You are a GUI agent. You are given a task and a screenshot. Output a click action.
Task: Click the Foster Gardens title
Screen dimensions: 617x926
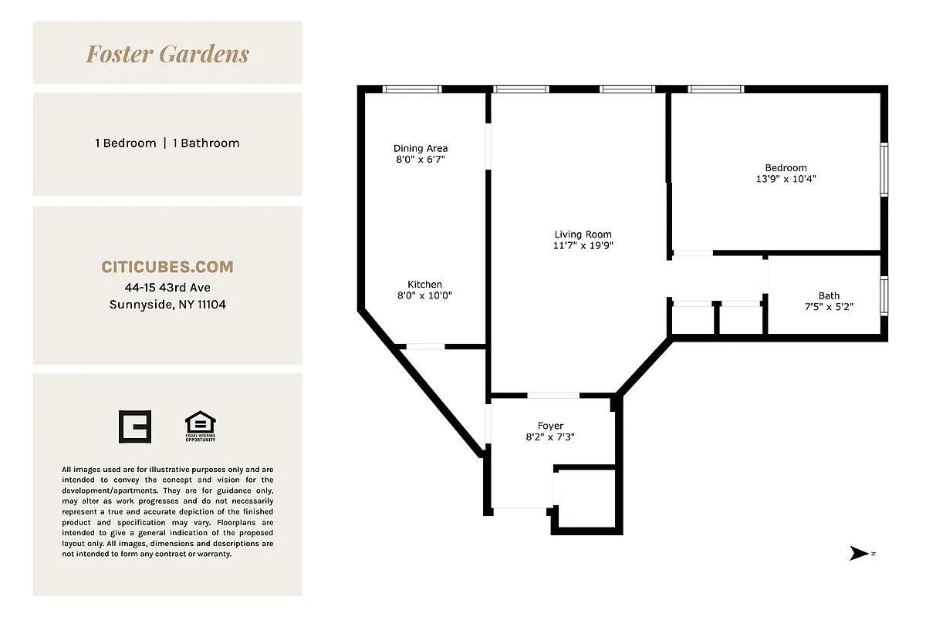(x=167, y=54)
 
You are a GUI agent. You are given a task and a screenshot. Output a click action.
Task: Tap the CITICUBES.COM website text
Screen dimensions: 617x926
(x=167, y=267)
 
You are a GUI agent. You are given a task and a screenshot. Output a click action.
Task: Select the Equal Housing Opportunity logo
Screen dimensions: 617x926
(x=200, y=427)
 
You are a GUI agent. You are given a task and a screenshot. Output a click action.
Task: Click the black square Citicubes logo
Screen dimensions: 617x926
(x=135, y=427)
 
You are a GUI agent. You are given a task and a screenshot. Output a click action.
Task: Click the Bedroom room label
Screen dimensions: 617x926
(x=786, y=168)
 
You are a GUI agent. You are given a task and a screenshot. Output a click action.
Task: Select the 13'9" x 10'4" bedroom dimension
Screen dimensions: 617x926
(x=786, y=179)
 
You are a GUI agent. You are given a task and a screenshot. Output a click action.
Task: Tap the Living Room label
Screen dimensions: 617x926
(x=583, y=234)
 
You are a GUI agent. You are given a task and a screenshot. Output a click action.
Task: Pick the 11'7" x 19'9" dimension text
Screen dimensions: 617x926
(x=583, y=246)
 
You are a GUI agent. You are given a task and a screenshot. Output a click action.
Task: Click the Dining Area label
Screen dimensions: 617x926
(x=421, y=148)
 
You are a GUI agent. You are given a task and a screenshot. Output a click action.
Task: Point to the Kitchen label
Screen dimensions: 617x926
(x=424, y=285)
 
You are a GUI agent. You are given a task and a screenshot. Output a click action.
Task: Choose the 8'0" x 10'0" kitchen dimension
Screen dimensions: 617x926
(x=424, y=295)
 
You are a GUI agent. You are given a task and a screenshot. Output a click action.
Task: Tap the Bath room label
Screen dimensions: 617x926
(x=829, y=295)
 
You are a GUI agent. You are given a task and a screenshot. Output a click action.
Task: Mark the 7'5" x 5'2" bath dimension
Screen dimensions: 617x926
(x=829, y=306)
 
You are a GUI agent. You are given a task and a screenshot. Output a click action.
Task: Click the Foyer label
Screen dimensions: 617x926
(x=550, y=426)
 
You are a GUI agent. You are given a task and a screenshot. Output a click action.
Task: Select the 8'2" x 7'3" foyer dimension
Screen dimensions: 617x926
(x=550, y=437)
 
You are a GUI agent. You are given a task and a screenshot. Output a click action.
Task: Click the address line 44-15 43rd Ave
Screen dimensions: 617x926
(x=167, y=288)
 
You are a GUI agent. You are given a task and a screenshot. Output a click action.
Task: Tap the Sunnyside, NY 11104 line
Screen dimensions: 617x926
(x=167, y=305)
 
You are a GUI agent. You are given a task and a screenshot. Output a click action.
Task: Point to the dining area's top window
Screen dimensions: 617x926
(x=413, y=89)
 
